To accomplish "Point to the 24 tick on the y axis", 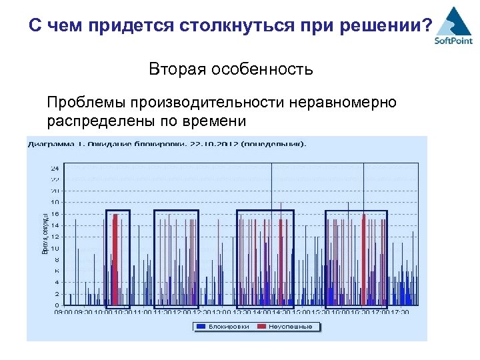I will coord(55,168).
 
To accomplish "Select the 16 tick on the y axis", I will coord(55,213).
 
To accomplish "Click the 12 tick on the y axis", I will coord(55,237).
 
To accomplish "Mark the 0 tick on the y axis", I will coord(57,305).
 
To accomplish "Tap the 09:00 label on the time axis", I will coord(63,311).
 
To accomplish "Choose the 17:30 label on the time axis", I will coord(400,311).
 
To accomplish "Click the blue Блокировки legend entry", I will coord(220,327).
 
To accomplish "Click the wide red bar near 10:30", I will coord(115,260).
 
